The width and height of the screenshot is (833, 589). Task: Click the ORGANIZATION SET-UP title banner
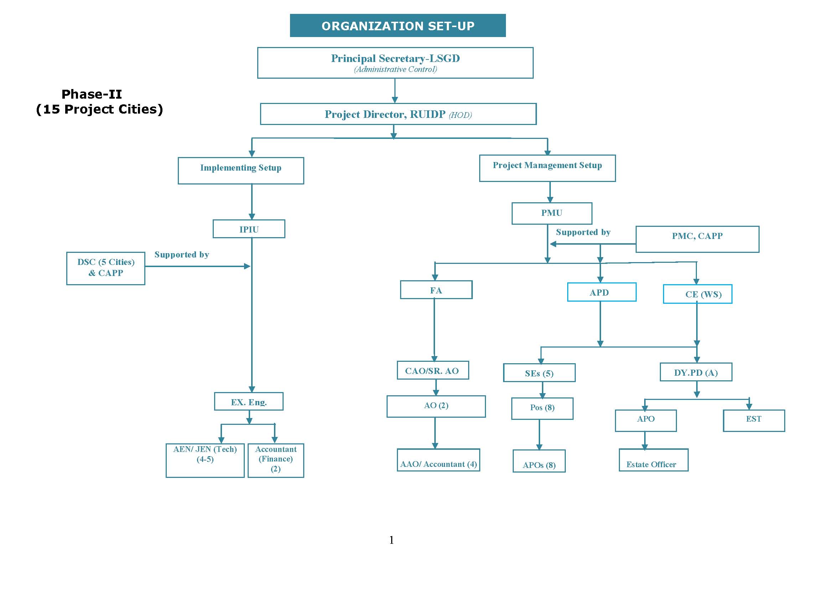click(x=398, y=26)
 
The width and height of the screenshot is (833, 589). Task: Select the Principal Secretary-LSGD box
click(x=395, y=63)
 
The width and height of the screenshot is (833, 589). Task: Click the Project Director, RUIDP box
click(x=398, y=114)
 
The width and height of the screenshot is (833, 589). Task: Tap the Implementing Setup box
click(x=241, y=171)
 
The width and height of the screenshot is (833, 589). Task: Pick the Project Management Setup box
click(x=547, y=168)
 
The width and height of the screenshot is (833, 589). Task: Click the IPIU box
click(x=249, y=229)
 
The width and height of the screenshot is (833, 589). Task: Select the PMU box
click(x=552, y=213)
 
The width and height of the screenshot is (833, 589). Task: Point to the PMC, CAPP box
click(x=697, y=239)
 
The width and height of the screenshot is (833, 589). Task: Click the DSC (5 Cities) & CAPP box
click(x=106, y=268)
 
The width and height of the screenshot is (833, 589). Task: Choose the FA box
click(x=436, y=290)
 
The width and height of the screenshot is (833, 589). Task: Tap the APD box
click(x=601, y=292)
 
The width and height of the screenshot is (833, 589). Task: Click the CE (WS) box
click(x=697, y=294)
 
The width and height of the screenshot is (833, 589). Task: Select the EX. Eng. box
click(x=249, y=401)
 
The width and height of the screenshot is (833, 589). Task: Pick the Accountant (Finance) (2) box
click(x=276, y=460)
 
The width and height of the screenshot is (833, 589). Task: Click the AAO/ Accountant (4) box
click(x=438, y=460)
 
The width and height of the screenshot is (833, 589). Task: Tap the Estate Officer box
click(x=653, y=460)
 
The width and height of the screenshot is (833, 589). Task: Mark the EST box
click(x=754, y=420)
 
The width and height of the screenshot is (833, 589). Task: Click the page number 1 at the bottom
click(x=392, y=540)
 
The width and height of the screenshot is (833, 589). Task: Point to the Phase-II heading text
click(x=92, y=94)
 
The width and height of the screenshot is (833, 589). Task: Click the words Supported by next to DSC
click(x=182, y=255)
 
